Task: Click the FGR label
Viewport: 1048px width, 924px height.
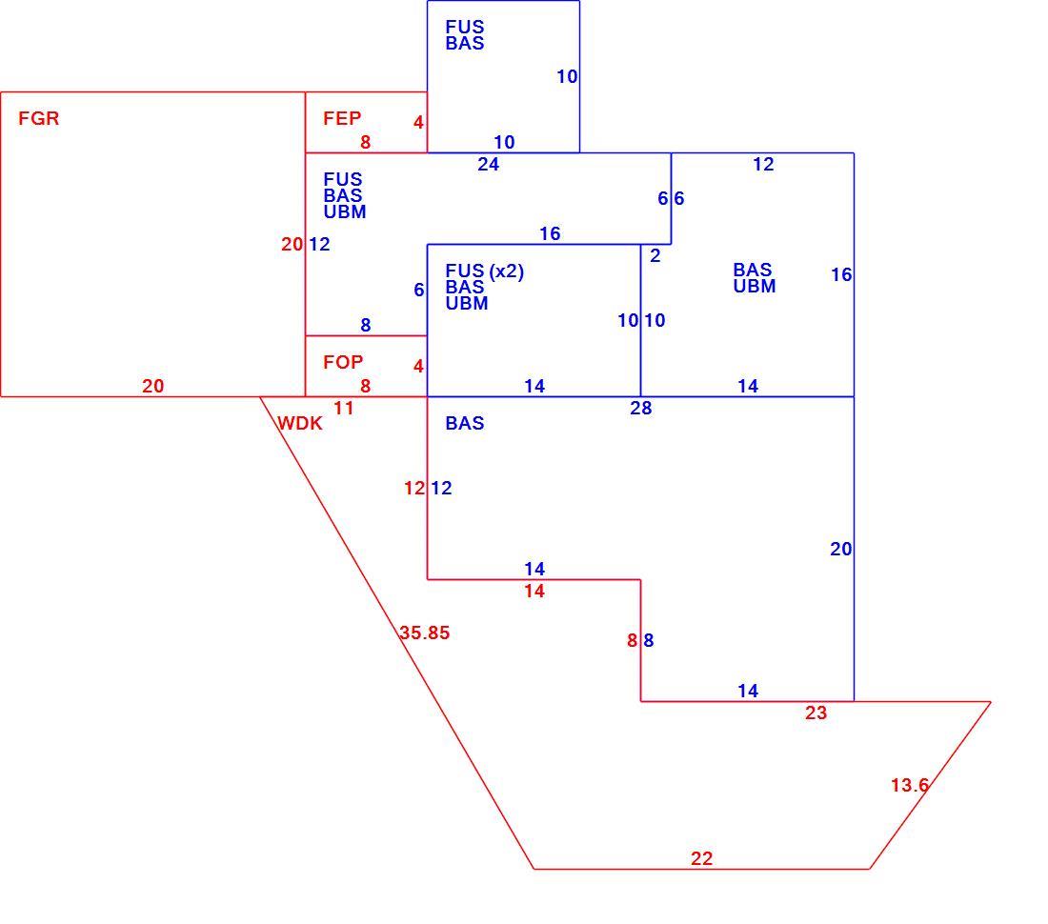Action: pyautogui.click(x=39, y=118)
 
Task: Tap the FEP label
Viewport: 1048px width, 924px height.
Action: pyautogui.click(x=342, y=118)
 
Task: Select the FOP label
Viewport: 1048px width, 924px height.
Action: pyautogui.click(x=343, y=362)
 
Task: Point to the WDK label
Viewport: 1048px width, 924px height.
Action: pyautogui.click(x=299, y=423)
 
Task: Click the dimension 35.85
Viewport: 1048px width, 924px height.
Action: pyautogui.click(x=424, y=633)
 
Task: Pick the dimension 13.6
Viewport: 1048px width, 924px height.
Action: pyautogui.click(x=910, y=785)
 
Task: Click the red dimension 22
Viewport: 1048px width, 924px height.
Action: pyautogui.click(x=702, y=858)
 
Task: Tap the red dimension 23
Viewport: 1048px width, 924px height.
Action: pyautogui.click(x=816, y=713)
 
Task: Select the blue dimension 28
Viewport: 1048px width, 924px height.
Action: pyautogui.click(x=641, y=408)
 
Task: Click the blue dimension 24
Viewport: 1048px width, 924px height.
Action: pyautogui.click(x=489, y=165)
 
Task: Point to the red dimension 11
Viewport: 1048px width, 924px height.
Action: pyautogui.click(x=344, y=408)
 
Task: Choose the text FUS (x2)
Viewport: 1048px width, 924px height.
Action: pyautogui.click(x=485, y=271)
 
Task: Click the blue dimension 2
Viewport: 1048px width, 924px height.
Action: pyautogui.click(x=655, y=256)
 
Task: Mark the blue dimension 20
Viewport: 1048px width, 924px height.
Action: pyautogui.click(x=841, y=550)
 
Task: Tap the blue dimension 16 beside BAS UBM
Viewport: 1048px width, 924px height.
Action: pyautogui.click(x=841, y=274)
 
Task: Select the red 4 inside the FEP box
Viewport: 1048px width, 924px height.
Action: pyautogui.click(x=418, y=122)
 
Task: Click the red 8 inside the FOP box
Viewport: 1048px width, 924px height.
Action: pyautogui.click(x=366, y=386)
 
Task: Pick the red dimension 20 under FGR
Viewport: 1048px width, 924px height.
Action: pyautogui.click(x=153, y=386)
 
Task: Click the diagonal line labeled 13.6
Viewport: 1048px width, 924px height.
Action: pyautogui.click(x=930, y=786)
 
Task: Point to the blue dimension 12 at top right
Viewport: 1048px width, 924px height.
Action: pyautogui.click(x=763, y=165)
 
